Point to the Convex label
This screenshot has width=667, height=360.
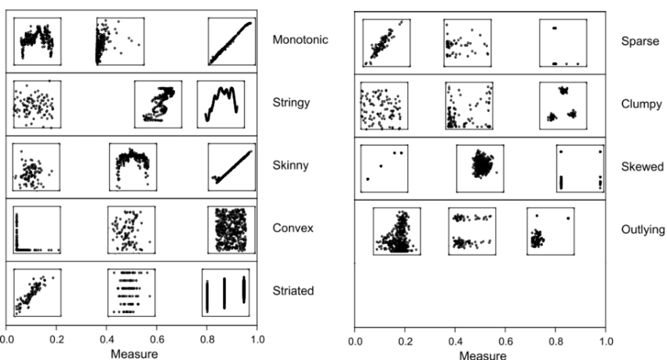pos(287,228)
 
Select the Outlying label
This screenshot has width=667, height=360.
pos(637,230)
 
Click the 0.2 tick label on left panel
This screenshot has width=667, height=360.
pos(56,340)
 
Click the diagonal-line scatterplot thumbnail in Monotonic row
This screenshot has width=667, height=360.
pos(231,42)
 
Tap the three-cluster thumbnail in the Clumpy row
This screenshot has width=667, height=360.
pos(563,104)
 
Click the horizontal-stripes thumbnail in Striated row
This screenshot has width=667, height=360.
pos(131,291)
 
